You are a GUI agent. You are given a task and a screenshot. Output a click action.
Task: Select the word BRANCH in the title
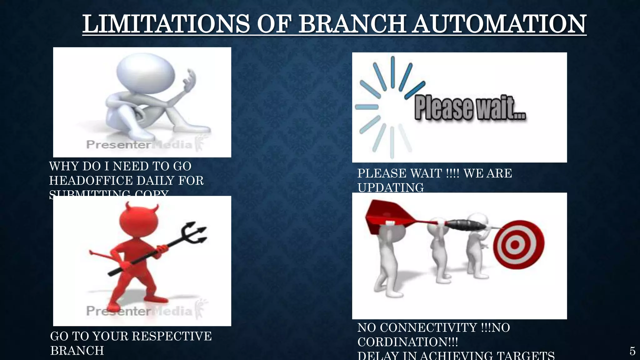pos(352,24)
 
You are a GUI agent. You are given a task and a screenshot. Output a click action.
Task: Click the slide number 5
pos(632,351)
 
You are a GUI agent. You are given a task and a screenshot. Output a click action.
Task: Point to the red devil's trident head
pos(195,233)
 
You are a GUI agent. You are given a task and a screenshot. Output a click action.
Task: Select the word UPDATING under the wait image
pos(391,187)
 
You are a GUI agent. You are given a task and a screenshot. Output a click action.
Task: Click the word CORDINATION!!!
pos(407,342)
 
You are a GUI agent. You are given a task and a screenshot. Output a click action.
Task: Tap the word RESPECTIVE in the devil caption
pos(172,336)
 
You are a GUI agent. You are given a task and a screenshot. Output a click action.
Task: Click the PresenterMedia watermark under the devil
pos(139,311)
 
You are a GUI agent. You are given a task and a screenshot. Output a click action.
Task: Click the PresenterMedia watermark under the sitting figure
pos(139,144)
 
